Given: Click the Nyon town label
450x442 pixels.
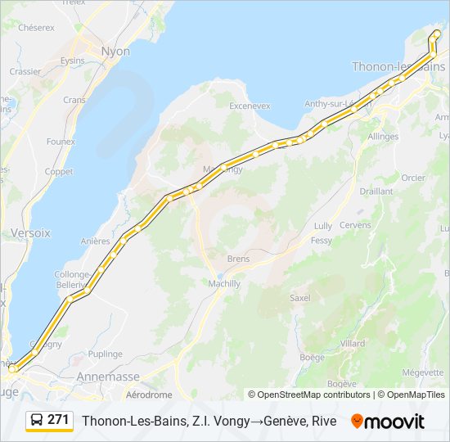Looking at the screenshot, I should click(115, 51).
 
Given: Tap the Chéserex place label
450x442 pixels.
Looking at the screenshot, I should click(36, 27).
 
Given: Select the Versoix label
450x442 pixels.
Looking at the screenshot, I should click(30, 233).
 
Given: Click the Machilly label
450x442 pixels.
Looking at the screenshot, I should click(223, 283).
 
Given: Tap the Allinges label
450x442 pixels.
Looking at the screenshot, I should click(383, 137).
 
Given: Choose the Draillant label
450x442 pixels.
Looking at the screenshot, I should click(376, 191).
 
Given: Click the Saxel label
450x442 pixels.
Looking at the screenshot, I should click(300, 298).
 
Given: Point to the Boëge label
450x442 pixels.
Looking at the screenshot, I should click(312, 357).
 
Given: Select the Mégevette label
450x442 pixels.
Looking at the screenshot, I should click(423, 372).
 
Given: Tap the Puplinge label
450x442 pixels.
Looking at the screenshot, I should click(106, 354).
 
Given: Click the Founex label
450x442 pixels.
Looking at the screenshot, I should click(61, 142).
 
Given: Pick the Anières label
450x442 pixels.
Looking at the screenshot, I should click(96, 241).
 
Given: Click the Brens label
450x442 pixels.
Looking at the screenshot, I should click(238, 258).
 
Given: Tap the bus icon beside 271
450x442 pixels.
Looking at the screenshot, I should click(37, 420).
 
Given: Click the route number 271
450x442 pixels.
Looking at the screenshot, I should click(58, 420).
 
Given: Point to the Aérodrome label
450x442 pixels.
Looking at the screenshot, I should click(149, 395).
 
